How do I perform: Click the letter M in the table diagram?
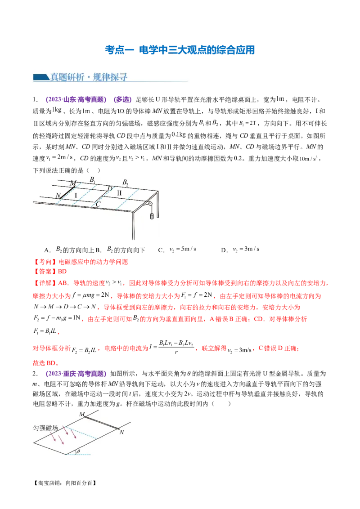point(73,183)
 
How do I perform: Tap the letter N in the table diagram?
point(58,196)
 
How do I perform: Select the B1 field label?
point(92,180)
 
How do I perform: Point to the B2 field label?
point(126,182)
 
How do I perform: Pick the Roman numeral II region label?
point(119,192)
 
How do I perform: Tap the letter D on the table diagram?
point(109,188)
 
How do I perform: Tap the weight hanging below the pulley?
point(152,216)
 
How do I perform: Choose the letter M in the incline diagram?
point(81,414)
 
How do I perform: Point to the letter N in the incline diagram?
point(121,432)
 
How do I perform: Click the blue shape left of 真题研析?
point(41,78)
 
